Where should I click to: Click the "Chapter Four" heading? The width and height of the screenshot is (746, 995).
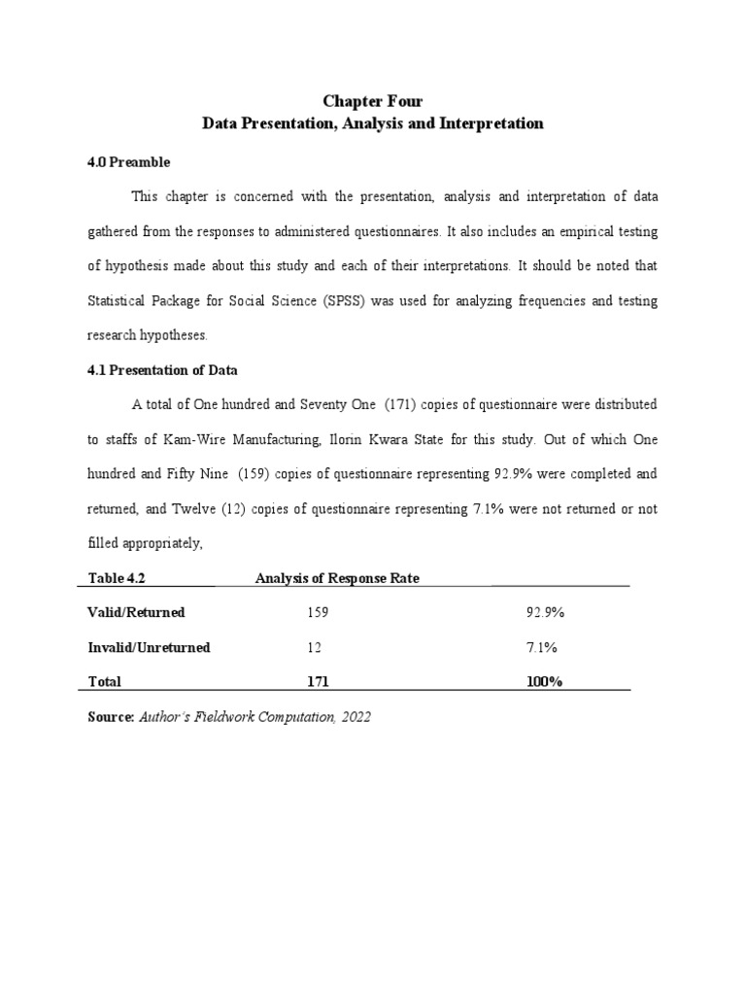[373, 101]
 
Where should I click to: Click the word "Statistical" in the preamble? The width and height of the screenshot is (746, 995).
[119, 301]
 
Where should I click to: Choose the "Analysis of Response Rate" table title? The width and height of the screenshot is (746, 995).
[337, 579]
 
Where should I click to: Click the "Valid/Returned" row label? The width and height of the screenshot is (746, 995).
[137, 613]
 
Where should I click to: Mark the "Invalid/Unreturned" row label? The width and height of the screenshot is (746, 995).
[149, 647]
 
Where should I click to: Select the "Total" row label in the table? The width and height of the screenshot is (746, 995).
[105, 682]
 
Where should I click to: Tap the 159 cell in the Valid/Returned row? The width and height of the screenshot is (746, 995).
[318, 613]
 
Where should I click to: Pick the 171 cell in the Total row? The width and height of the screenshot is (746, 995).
[318, 682]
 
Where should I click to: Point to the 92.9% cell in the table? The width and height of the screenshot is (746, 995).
[545, 613]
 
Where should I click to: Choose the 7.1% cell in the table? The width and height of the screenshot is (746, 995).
[541, 647]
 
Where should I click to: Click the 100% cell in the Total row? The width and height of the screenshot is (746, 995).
[545, 682]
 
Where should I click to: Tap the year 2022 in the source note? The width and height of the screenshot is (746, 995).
[356, 717]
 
